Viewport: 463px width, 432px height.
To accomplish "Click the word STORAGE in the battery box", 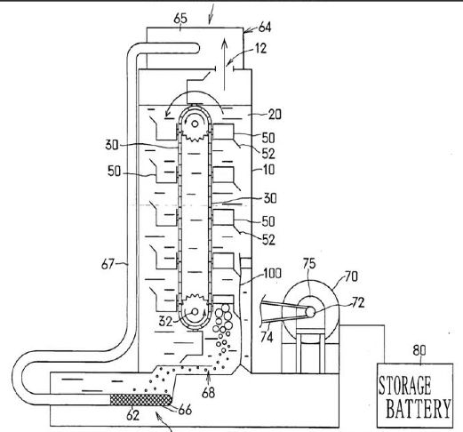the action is pyautogui.click(x=404, y=386).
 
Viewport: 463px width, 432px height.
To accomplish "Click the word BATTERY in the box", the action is pyautogui.click(x=419, y=408).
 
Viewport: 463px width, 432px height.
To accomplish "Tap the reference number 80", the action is pyautogui.click(x=419, y=350).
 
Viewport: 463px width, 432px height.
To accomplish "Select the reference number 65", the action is pyautogui.click(x=180, y=19).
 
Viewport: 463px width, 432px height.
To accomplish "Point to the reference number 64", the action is pyautogui.click(x=265, y=28).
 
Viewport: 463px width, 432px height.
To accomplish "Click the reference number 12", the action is pyautogui.click(x=260, y=48).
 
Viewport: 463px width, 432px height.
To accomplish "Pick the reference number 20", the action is pyautogui.click(x=275, y=114).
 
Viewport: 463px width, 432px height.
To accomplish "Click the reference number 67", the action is pyautogui.click(x=108, y=264).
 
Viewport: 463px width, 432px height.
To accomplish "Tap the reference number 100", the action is pyautogui.click(x=271, y=273).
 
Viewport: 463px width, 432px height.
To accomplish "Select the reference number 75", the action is pyautogui.click(x=309, y=263).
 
